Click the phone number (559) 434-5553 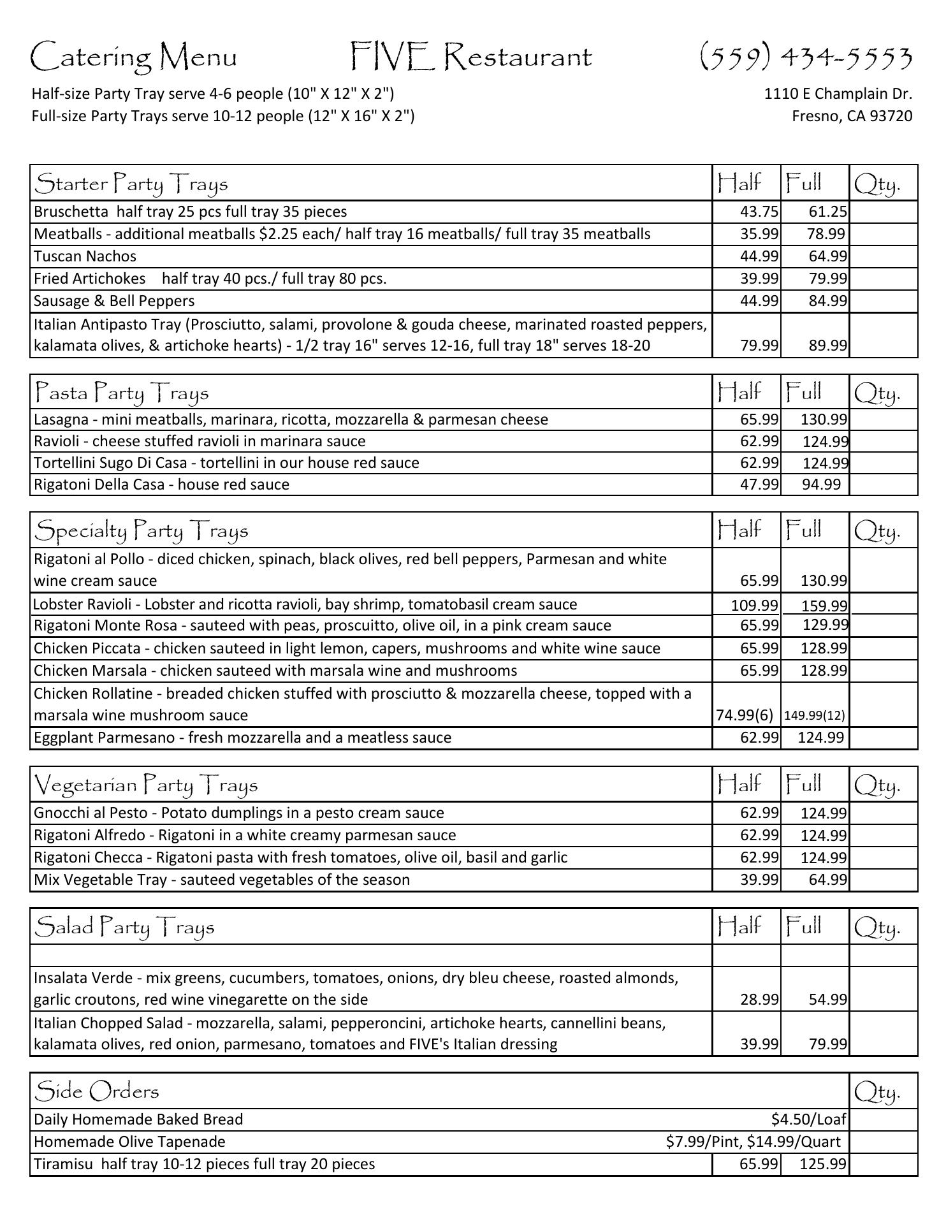[x=806, y=57]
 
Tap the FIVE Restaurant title [x=471, y=57]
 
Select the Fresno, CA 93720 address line [x=852, y=116]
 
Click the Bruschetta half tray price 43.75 [x=759, y=212]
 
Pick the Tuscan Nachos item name [x=85, y=256]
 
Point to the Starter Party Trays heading [x=131, y=184]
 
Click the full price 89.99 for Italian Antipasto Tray [x=827, y=346]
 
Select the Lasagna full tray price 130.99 [x=824, y=419]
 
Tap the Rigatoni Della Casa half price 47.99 [x=759, y=484]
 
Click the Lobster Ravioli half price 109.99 [x=754, y=605]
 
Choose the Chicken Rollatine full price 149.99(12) [x=815, y=715]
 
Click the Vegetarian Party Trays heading [x=146, y=785]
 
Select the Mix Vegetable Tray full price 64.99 [x=827, y=880]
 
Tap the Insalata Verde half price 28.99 [x=759, y=999]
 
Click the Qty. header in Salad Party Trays [x=877, y=928]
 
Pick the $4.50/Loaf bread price [x=808, y=1119]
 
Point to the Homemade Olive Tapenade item [x=129, y=1141]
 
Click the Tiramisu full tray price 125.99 [x=822, y=1164]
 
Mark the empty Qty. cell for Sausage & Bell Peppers [x=884, y=301]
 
